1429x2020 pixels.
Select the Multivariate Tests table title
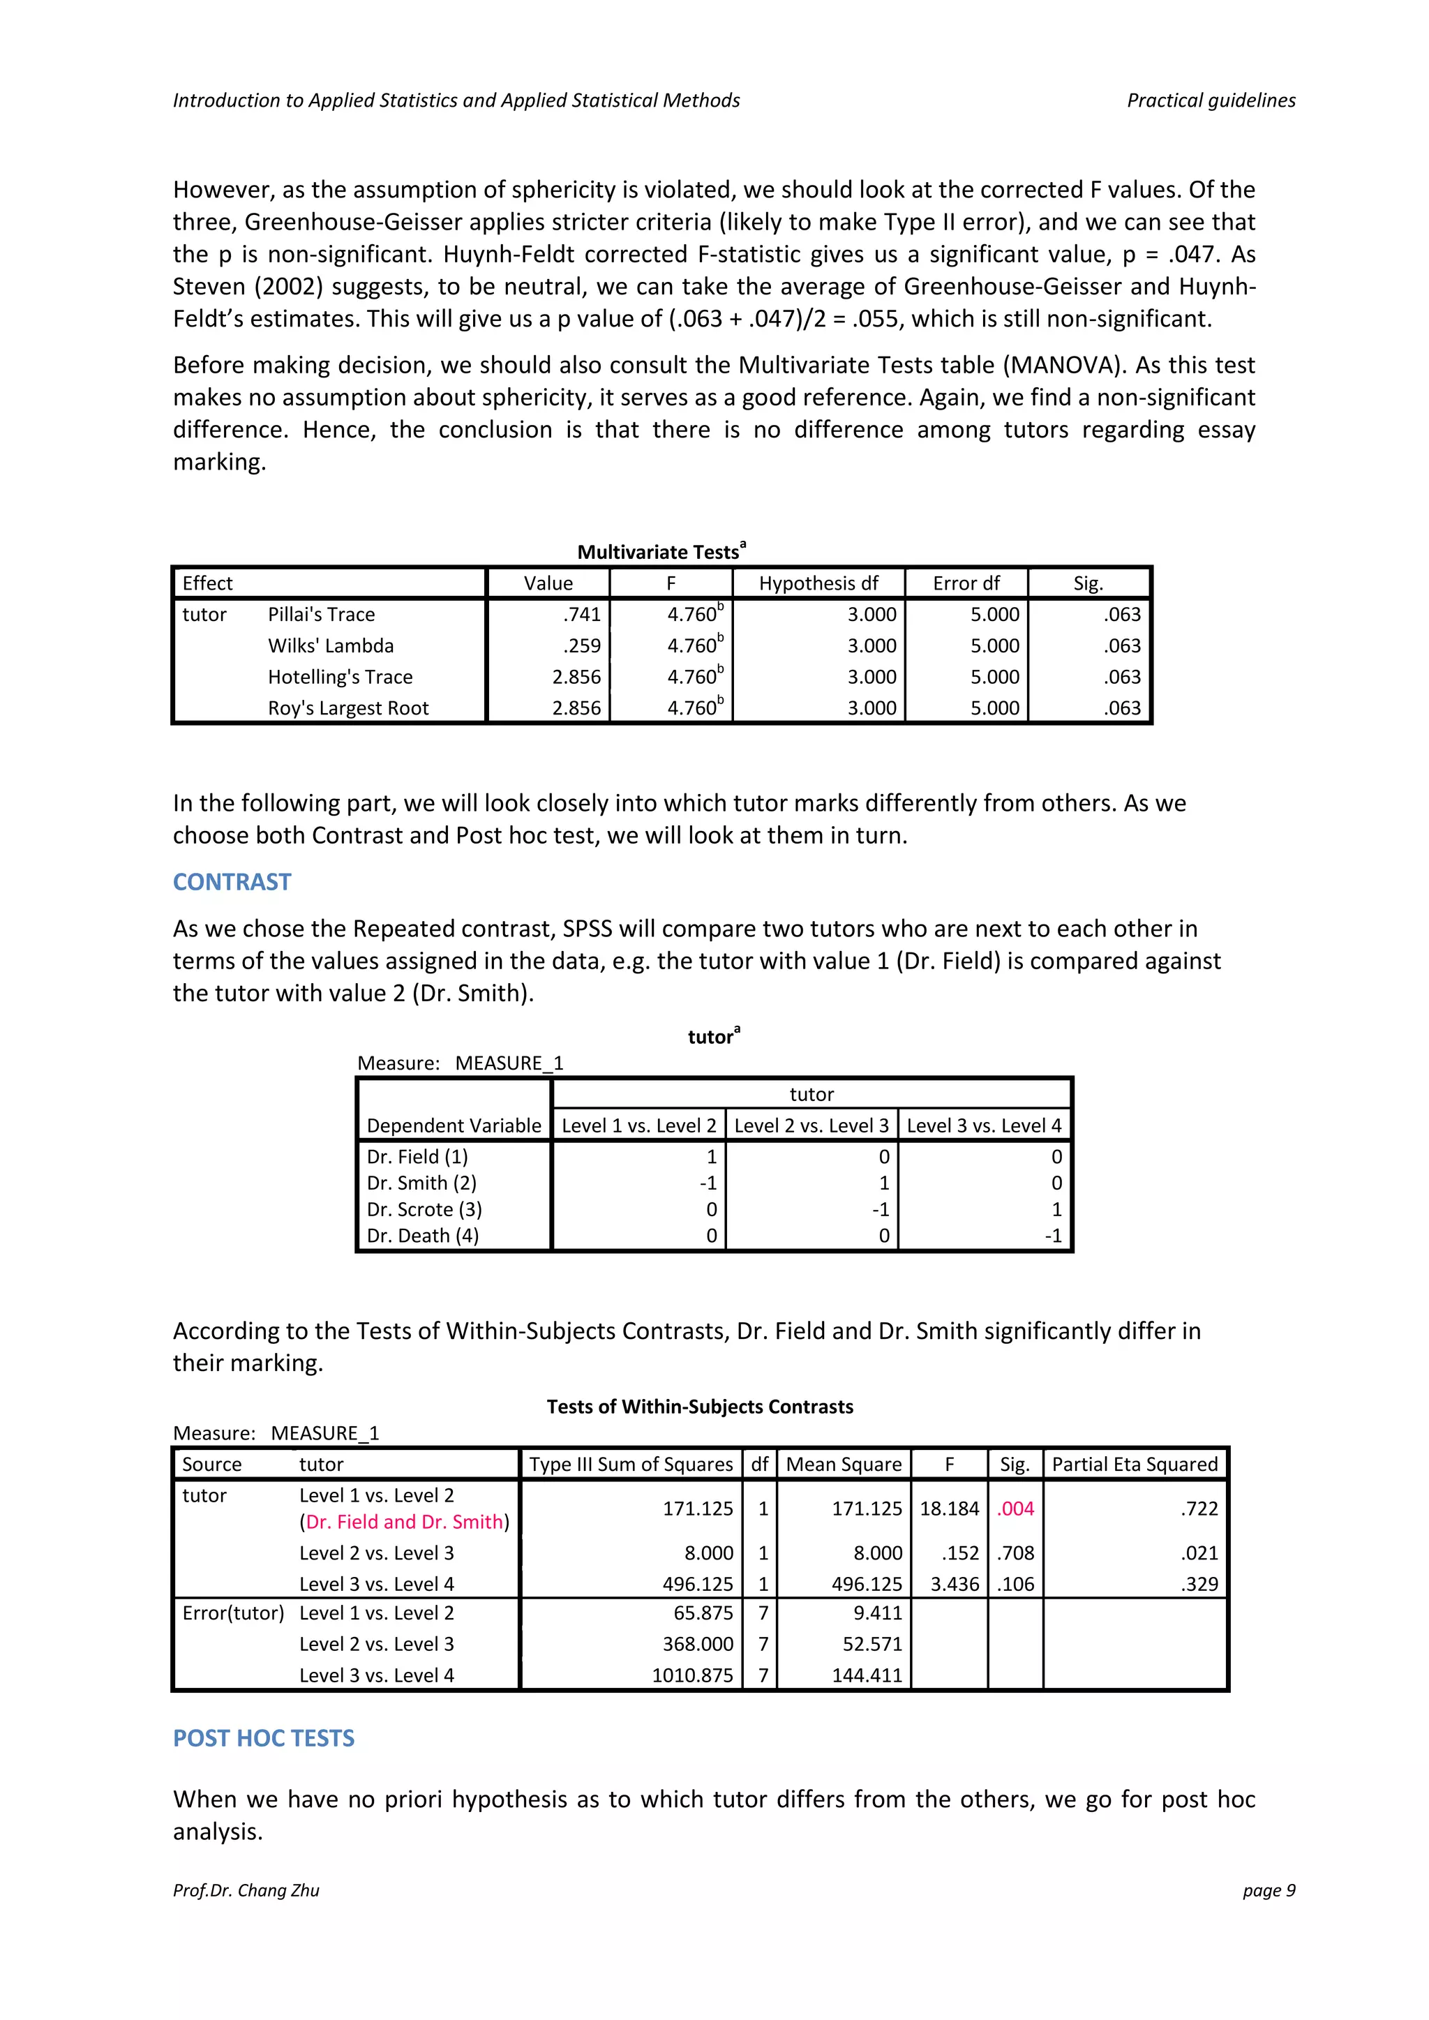coord(660,552)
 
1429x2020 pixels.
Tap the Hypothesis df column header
coord(818,583)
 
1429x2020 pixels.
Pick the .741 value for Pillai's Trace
coord(582,614)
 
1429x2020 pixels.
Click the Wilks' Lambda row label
coord(331,645)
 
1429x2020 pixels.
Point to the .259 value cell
coord(582,645)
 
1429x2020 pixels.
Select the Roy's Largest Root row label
coord(347,708)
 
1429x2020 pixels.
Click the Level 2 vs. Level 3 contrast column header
coord(811,1125)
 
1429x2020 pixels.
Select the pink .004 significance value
coord(1015,1508)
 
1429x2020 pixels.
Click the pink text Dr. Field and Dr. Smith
coord(405,1521)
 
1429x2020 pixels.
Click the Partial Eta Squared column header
coord(1135,1464)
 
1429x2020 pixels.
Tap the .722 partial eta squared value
coord(1199,1508)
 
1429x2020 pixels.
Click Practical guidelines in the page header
coord(1211,100)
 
